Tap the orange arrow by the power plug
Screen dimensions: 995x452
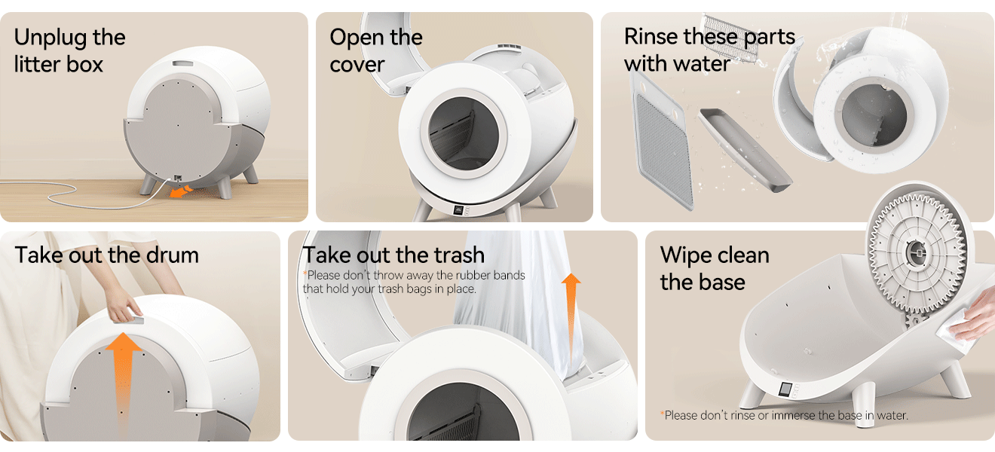tap(181, 191)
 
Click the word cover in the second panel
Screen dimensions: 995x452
tap(357, 64)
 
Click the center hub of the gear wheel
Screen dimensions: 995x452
tap(916, 252)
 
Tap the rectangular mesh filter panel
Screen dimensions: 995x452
tap(663, 140)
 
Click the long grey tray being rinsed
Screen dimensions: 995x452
tap(745, 150)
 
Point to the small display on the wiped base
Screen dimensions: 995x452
tap(785, 389)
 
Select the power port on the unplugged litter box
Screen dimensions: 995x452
tap(178, 178)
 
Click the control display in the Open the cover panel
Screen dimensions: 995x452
tap(458, 210)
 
